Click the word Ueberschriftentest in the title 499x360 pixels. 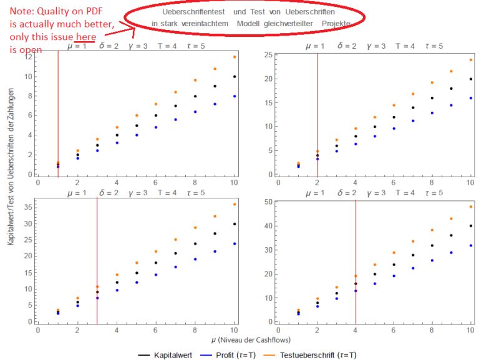[x=193, y=12]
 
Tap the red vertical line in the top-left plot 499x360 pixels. [x=58, y=112]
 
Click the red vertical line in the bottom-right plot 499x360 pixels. [x=356, y=262]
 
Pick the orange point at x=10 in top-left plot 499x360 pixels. [x=235, y=57]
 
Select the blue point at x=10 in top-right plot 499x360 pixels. [x=471, y=98]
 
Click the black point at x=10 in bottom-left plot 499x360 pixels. [x=235, y=224]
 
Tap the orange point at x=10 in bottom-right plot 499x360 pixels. [x=471, y=207]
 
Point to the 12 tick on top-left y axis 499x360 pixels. [x=28, y=57]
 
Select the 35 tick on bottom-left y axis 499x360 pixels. [x=28, y=207]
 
